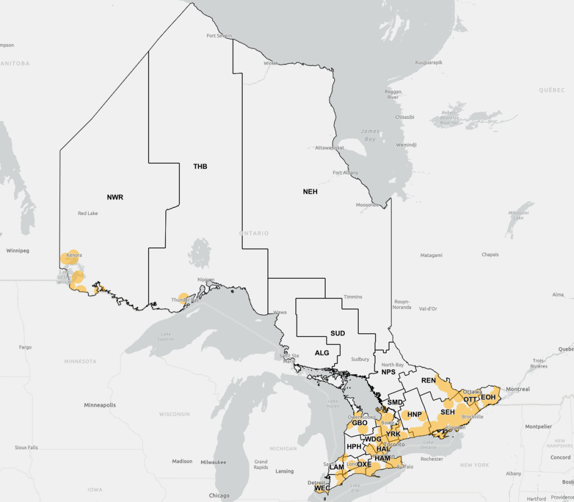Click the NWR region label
(115, 197)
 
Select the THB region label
(200, 167)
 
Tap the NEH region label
(310, 191)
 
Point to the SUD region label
(337, 333)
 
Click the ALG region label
(322, 353)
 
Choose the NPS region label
(388, 372)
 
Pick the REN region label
(428, 380)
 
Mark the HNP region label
(414, 415)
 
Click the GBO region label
(359, 423)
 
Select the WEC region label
(322, 488)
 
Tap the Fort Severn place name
(219, 36)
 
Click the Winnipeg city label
(17, 250)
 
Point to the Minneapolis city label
(100, 404)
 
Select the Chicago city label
(219, 495)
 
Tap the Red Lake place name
(89, 213)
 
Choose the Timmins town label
(353, 296)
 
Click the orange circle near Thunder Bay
(183, 297)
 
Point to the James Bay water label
(369, 135)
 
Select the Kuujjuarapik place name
(429, 62)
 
